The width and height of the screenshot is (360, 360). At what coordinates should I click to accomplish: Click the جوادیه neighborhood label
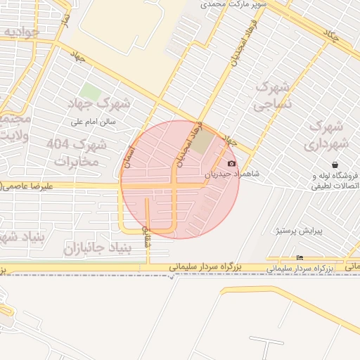click(x=19, y=32)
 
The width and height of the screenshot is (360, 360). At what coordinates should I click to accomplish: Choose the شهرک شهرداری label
click(x=324, y=136)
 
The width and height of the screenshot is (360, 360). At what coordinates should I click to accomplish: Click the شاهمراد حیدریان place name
click(x=232, y=174)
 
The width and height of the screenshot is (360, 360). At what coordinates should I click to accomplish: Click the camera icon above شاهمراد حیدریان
click(x=232, y=163)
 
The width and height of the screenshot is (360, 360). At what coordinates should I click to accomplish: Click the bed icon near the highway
click(x=300, y=257)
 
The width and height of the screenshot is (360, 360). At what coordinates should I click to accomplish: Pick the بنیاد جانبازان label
click(x=98, y=248)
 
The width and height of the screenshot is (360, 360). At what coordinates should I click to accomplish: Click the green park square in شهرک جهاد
click(x=89, y=91)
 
